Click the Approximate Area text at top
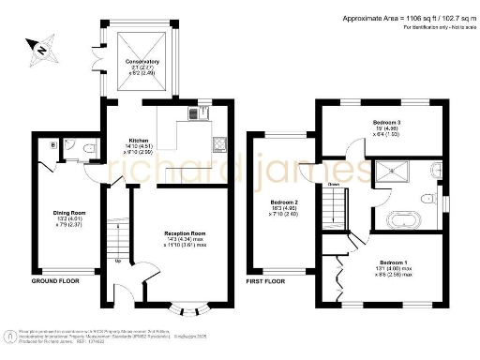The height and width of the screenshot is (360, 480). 395,19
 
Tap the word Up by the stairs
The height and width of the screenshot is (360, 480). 117,262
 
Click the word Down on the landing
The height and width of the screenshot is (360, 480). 333,184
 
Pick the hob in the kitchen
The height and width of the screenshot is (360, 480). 218,143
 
